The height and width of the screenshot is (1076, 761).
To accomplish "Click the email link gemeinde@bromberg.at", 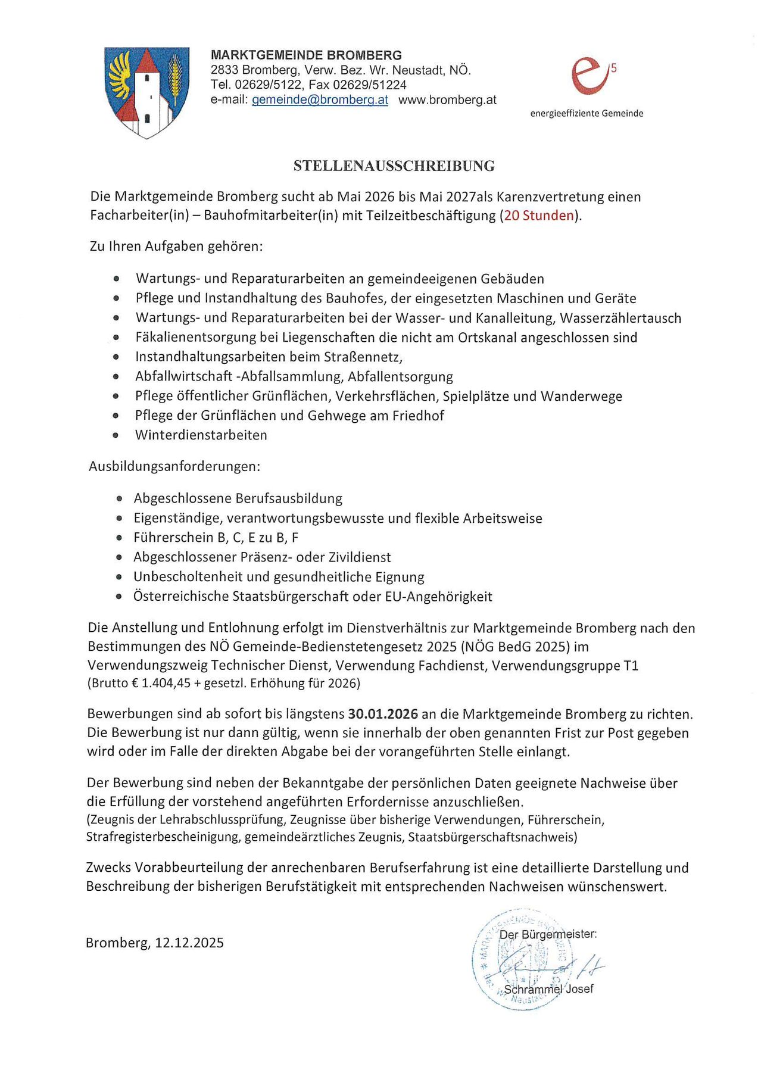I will (x=320, y=100).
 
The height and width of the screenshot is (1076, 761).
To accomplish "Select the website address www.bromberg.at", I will (x=447, y=100).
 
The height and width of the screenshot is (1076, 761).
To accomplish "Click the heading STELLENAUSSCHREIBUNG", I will (x=394, y=166).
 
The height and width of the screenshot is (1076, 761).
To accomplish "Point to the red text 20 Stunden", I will (x=539, y=216).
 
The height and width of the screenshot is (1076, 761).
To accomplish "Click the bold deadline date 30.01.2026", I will (x=383, y=714).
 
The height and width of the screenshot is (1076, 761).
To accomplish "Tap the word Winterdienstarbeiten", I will (x=201, y=435).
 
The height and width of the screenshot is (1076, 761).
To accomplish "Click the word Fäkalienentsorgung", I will (x=195, y=338).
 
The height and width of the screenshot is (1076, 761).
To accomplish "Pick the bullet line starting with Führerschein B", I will (x=216, y=538).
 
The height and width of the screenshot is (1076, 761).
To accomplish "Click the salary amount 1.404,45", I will (x=166, y=684).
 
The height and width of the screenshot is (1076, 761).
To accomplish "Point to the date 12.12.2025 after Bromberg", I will (x=189, y=943).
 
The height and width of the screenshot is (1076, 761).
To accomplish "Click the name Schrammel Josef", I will (x=548, y=989).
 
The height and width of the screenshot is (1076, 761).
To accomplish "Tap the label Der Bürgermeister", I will (x=548, y=934).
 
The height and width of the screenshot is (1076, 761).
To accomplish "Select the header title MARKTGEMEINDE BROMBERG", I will (x=306, y=55).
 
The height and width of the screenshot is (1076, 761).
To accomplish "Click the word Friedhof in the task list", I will (x=418, y=416).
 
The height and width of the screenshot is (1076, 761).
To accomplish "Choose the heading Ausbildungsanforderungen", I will (x=174, y=466).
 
